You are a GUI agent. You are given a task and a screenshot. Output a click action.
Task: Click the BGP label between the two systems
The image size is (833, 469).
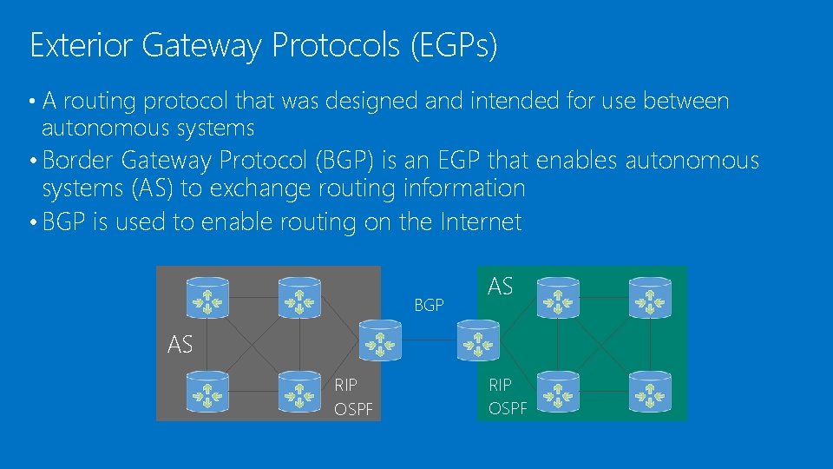click(x=429, y=305)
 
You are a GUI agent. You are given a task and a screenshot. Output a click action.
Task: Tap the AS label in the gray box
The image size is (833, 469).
click(x=180, y=345)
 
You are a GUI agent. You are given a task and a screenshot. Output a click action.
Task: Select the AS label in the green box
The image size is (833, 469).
click(x=500, y=286)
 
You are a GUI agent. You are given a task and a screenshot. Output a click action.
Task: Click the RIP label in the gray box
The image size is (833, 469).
click(x=345, y=384)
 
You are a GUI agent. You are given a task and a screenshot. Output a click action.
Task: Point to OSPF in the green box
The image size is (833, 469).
click(x=508, y=408)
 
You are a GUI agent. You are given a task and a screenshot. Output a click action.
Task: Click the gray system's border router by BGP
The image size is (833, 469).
click(x=380, y=340)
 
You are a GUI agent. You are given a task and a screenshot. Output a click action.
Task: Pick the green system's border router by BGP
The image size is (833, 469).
click(x=477, y=340)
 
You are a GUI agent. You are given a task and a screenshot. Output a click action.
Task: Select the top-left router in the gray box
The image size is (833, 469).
click(x=208, y=297)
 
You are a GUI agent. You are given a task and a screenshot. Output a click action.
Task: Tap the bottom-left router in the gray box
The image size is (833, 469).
click(x=208, y=391)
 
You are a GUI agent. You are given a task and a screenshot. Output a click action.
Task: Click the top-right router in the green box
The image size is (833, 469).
click(x=648, y=297)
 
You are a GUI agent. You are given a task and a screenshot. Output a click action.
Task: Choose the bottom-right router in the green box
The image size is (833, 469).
click(x=648, y=391)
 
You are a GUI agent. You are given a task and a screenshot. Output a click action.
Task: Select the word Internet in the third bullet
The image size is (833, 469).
click(x=481, y=222)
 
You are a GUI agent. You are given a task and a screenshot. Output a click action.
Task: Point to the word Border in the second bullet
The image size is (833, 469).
click(x=80, y=161)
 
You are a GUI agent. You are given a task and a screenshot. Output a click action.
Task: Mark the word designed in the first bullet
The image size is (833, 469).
click(x=373, y=102)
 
